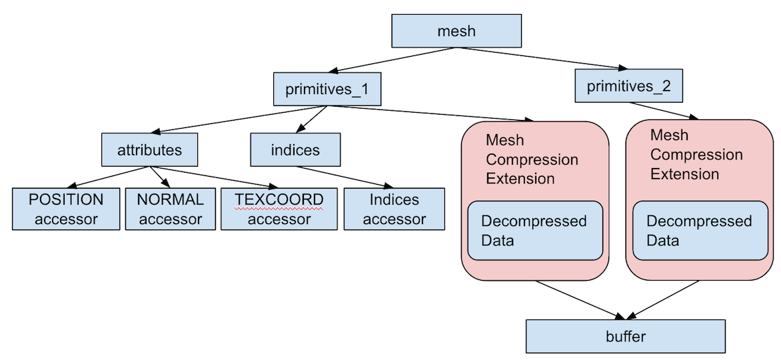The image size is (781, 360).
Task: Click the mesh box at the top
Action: point(456,31)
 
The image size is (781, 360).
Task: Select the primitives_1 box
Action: point(327,89)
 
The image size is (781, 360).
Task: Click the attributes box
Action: point(149,149)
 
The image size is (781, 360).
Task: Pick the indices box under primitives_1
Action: point(295,149)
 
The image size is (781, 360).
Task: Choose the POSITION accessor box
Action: point(66,209)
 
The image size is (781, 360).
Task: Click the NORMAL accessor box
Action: point(170,209)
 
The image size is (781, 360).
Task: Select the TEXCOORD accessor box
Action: point(279,209)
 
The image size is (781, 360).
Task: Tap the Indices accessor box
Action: point(394,209)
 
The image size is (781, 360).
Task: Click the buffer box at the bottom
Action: point(626,336)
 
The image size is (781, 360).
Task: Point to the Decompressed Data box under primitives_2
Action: point(699,230)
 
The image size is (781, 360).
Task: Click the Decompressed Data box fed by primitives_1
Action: point(535,230)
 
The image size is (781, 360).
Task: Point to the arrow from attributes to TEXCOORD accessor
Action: point(213,177)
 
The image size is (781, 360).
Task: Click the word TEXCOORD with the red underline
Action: point(279,199)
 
